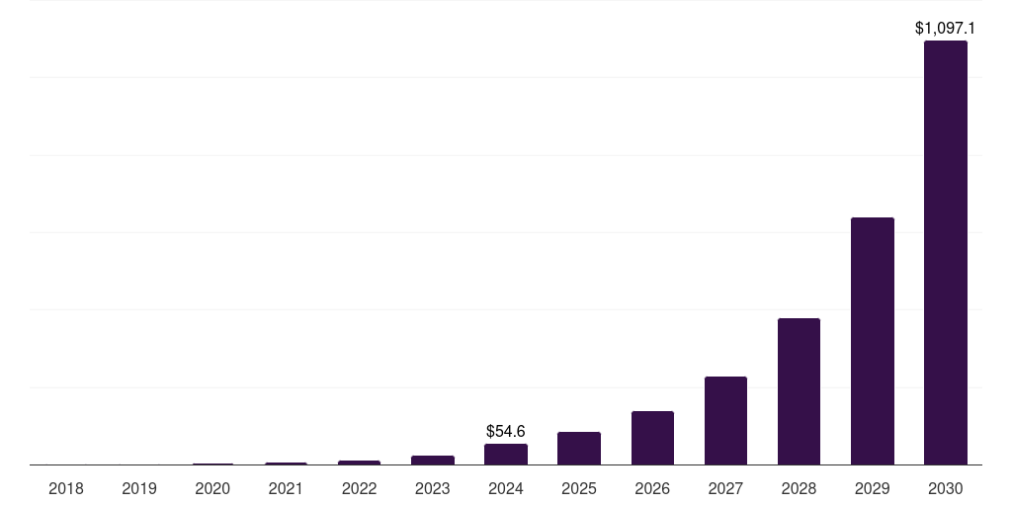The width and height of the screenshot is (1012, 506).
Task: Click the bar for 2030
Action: tap(945, 252)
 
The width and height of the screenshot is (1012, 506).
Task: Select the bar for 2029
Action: tap(872, 341)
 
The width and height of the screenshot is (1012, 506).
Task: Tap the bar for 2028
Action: tap(799, 391)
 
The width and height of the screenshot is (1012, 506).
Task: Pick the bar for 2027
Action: tap(725, 420)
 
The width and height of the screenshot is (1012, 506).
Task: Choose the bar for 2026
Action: tap(652, 438)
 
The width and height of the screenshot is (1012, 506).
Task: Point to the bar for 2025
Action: tap(579, 448)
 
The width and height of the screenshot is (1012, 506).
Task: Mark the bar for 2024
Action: tap(506, 454)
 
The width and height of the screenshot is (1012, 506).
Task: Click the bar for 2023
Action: tap(433, 460)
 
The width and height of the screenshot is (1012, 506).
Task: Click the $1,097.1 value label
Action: tap(945, 28)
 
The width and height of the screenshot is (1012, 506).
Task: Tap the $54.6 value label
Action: tap(506, 431)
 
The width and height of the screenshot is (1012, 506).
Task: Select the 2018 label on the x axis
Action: tap(66, 488)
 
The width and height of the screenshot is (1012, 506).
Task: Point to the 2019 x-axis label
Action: tap(139, 488)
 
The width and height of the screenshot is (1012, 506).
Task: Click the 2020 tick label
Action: tap(212, 488)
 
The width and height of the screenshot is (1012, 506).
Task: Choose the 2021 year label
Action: tap(286, 488)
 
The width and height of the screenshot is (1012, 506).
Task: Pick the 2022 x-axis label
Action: tap(359, 488)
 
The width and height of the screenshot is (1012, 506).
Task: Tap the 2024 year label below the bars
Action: tap(506, 488)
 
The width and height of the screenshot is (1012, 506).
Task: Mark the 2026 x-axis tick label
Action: tap(652, 488)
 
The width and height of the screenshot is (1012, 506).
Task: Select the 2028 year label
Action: tap(799, 488)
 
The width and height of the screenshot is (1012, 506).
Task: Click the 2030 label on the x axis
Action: tap(945, 488)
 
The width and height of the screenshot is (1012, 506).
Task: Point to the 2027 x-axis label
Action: tap(725, 488)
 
